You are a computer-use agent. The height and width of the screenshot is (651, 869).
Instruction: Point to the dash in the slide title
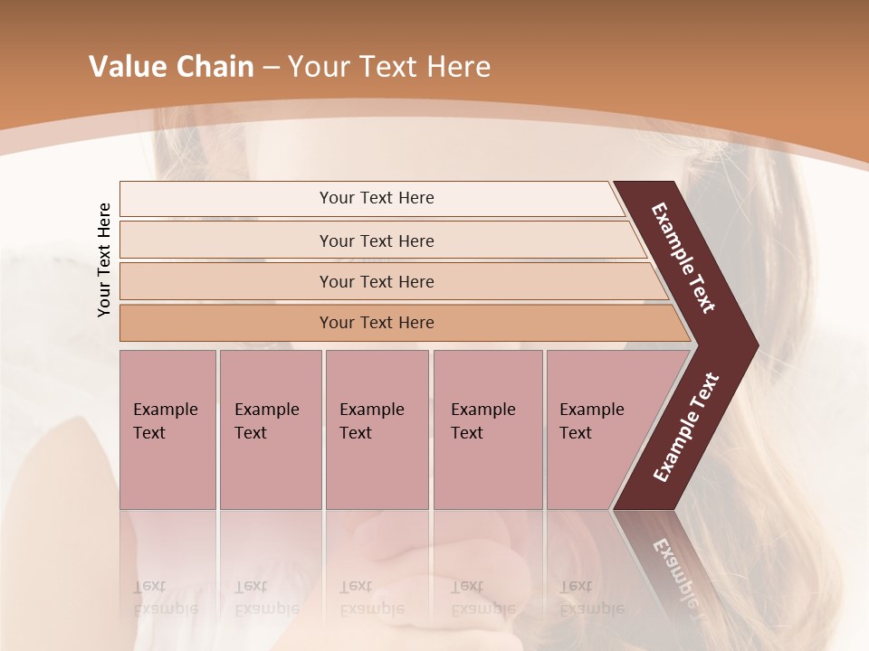271,68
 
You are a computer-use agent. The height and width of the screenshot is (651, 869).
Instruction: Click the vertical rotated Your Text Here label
104,259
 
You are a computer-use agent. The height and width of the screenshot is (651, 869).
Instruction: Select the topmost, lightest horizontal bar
377,198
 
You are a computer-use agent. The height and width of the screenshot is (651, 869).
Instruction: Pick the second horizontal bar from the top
377,241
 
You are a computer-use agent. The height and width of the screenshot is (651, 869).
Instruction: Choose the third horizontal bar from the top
377,281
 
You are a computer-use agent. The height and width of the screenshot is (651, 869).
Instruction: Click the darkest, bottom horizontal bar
377,323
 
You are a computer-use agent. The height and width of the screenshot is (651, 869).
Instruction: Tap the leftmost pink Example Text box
167,429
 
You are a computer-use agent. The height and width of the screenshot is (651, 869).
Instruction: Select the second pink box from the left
270,429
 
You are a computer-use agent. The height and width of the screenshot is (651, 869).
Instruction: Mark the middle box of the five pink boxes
377,429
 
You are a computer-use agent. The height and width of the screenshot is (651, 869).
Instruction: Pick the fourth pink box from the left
487,429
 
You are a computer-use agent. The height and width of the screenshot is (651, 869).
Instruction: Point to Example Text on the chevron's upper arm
683,258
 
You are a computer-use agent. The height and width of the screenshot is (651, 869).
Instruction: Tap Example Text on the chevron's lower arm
685,428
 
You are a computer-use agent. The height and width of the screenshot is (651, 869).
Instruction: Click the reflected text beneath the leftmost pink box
166,598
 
